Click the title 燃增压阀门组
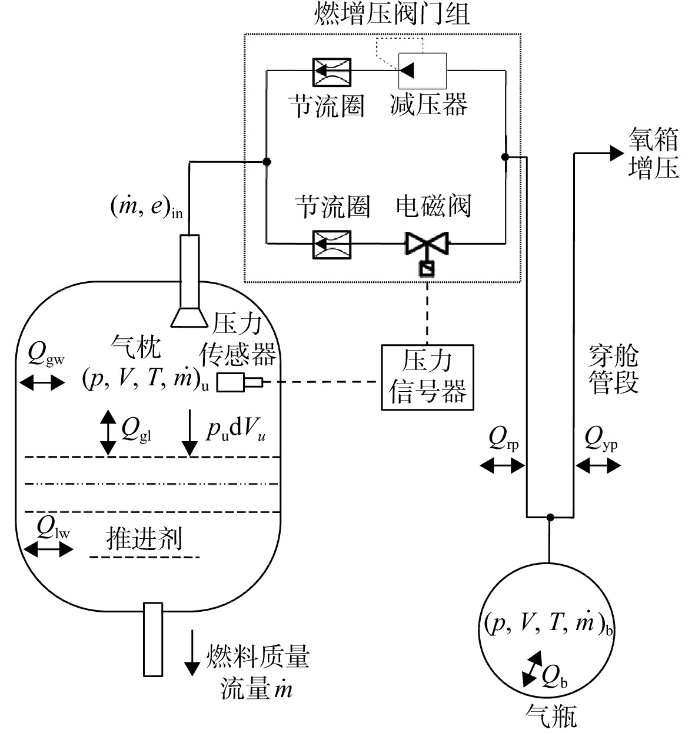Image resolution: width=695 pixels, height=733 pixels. click(392, 14)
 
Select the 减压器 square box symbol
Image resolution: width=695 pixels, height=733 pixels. click(423, 71)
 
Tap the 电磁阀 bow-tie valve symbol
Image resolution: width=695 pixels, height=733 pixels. click(427, 244)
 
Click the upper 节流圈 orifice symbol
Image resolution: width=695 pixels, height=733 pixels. click(332, 72)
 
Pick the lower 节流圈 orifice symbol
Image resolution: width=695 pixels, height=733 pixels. click(332, 245)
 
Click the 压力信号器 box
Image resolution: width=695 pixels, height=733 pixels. click(427, 377)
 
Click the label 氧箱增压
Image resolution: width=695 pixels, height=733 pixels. click(653, 153)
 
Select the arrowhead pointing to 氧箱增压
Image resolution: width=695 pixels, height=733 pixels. click(617, 153)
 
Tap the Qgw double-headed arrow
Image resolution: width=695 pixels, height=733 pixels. click(42, 382)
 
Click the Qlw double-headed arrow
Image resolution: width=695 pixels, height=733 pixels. click(48, 549)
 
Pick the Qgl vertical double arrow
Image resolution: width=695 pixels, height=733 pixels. click(108, 432)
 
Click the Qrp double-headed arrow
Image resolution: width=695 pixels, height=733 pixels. click(503, 466)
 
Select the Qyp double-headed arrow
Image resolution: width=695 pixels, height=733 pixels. click(598, 466)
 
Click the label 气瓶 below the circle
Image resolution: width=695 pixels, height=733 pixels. click(551, 717)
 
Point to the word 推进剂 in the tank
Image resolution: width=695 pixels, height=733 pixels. click(144, 538)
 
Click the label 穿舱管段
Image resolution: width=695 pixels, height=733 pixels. click(614, 369)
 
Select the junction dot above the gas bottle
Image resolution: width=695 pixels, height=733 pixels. click(550, 517)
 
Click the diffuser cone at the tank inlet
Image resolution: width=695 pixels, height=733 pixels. click(189, 317)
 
